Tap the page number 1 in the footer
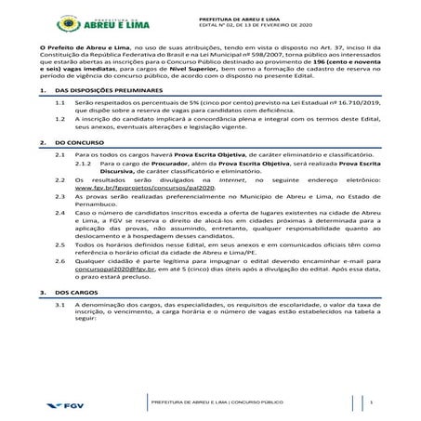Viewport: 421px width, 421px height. (x=370, y=401)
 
